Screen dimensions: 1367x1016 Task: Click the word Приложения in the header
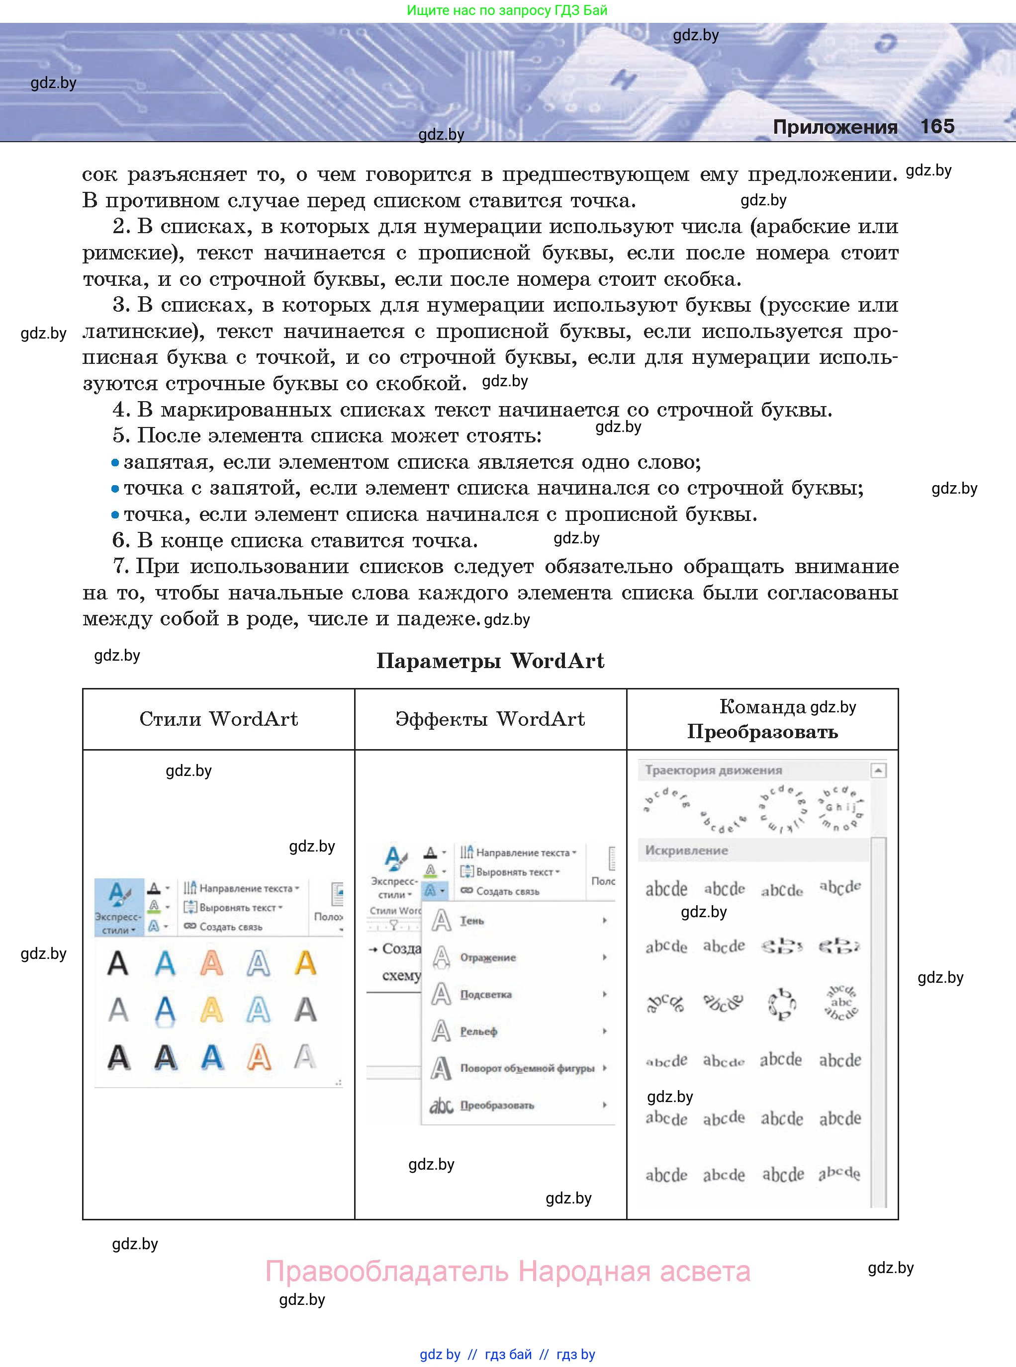click(834, 127)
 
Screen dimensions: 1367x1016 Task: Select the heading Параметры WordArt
click(490, 661)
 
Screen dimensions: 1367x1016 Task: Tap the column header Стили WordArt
click(218, 718)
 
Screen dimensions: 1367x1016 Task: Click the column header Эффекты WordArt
click(490, 718)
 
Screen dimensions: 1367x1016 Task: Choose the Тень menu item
click(472, 921)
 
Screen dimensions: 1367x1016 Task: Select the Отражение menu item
click(488, 957)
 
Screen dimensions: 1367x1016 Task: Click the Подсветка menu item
click(485, 995)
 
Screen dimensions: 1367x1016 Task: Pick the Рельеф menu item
click(478, 1031)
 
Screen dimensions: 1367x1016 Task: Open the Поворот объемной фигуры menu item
click(527, 1068)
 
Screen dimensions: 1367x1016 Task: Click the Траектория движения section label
click(714, 770)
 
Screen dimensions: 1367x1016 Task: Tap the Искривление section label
click(686, 851)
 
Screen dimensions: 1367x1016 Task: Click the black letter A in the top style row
click(118, 963)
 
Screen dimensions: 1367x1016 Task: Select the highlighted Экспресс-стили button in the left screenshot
click(119, 907)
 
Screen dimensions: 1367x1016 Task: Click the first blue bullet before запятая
click(115, 463)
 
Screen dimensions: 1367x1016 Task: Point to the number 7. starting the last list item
click(120, 566)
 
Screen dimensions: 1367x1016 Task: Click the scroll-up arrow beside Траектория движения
click(878, 770)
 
